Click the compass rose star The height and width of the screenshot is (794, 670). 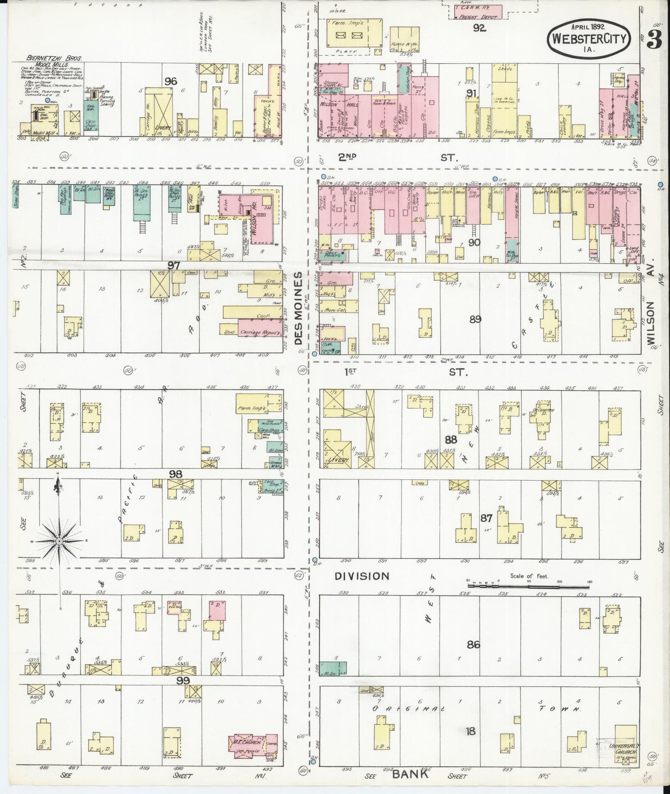[x=59, y=541]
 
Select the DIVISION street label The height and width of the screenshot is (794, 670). [x=362, y=576]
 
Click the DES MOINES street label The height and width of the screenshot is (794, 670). [x=299, y=308]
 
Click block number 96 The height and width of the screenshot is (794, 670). [x=171, y=82]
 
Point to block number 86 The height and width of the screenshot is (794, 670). [x=473, y=644]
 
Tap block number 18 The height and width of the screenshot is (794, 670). [x=471, y=731]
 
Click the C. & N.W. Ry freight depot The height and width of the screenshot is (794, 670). [x=478, y=12]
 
